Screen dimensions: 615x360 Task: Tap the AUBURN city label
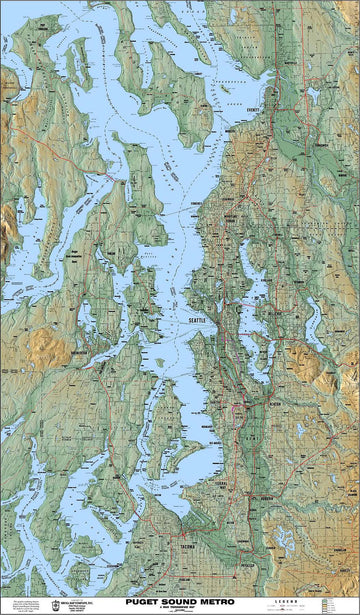266,496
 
